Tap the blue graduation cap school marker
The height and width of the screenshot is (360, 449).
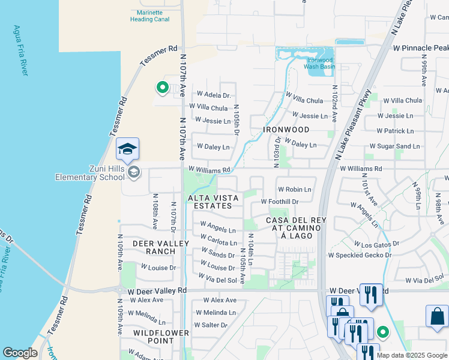click(x=127, y=148)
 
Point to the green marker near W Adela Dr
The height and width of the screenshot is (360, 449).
click(x=162, y=88)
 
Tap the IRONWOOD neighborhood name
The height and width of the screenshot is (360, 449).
click(x=286, y=130)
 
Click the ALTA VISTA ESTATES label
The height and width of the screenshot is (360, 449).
click(x=210, y=202)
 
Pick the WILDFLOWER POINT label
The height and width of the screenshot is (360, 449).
click(x=161, y=337)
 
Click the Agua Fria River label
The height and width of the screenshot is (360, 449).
click(x=20, y=50)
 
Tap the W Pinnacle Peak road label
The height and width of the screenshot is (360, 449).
click(x=420, y=47)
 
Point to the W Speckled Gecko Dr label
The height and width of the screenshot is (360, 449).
click(x=359, y=255)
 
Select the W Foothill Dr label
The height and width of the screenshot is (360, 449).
click(x=280, y=202)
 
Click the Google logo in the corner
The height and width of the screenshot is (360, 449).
click(x=20, y=353)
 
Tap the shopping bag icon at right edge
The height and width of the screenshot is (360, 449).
click(x=437, y=316)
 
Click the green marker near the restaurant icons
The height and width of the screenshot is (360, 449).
click(x=382, y=331)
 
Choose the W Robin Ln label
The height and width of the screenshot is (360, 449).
click(x=294, y=189)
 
